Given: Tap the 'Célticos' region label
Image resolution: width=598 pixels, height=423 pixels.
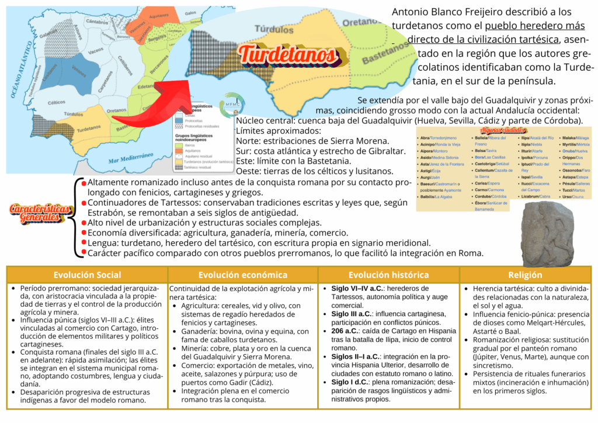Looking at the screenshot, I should coord(57,102).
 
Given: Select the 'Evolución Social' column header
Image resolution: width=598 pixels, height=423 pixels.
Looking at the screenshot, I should coord(87,275).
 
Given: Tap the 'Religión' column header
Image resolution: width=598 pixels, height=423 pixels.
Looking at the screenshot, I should coord(525,275).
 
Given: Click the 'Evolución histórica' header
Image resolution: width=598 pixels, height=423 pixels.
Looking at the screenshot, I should coord(388,275).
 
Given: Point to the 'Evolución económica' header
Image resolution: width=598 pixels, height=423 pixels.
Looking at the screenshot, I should coord(242,275).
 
